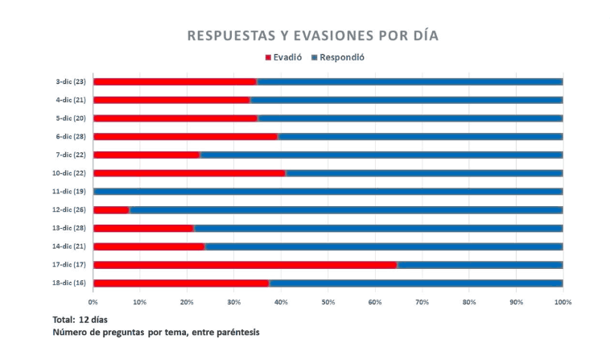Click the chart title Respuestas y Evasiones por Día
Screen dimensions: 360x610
[x=313, y=36]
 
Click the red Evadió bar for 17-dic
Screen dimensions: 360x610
[x=245, y=264]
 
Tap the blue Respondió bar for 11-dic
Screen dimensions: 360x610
[x=328, y=191]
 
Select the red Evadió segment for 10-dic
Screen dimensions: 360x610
[x=190, y=172]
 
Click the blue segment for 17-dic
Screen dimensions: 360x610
[x=480, y=264]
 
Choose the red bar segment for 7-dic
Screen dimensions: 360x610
[x=146, y=155]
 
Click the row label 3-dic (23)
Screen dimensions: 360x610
[x=71, y=81]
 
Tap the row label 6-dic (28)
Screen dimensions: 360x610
[x=71, y=136]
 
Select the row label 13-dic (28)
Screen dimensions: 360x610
[x=70, y=228]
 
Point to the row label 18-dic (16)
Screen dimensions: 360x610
[x=70, y=283]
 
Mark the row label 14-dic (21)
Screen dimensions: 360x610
[x=70, y=246]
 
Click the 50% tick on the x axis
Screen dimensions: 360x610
[x=328, y=302]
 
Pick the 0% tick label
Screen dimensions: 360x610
[x=93, y=302]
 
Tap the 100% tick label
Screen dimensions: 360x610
[x=563, y=302]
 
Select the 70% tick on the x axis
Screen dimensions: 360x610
[x=422, y=302]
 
